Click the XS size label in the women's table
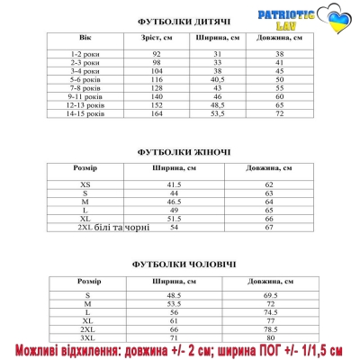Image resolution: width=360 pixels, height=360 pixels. pyautogui.click(x=85, y=184)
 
